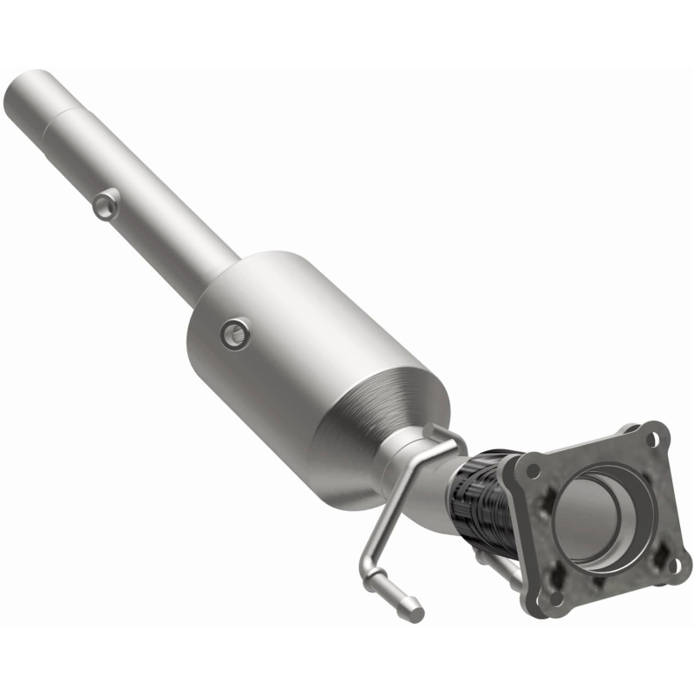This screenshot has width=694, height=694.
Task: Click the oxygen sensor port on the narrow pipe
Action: click(x=106, y=204)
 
